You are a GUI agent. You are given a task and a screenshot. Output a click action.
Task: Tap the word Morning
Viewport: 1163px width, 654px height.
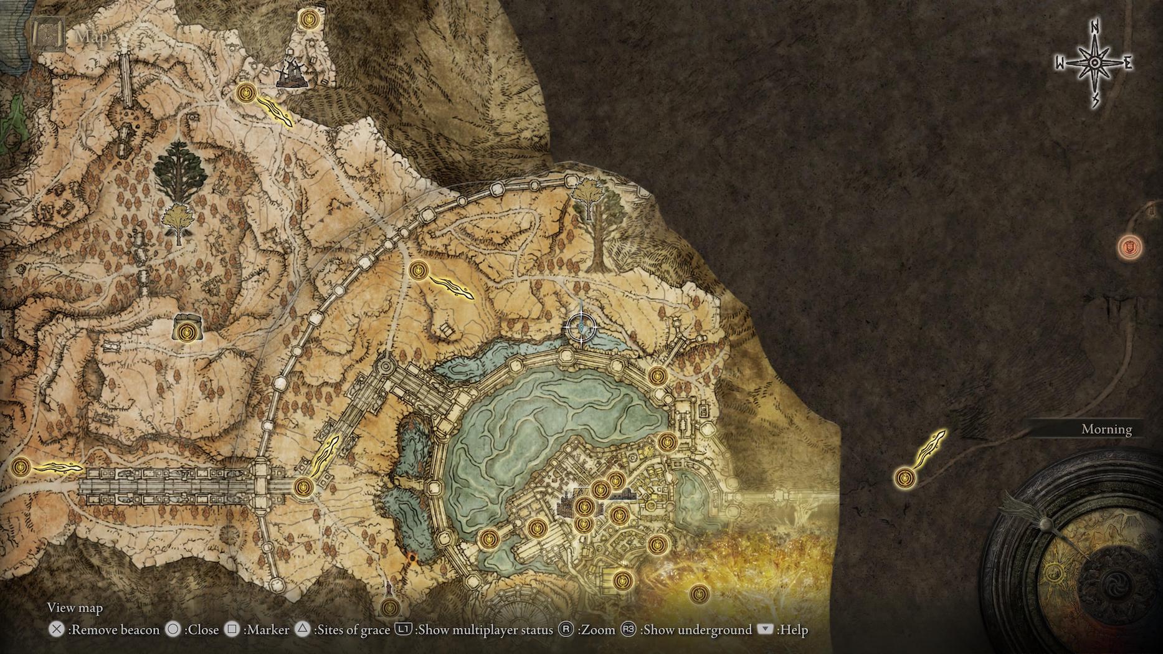1106,429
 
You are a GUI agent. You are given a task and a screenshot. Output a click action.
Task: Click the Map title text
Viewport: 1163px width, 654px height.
92,37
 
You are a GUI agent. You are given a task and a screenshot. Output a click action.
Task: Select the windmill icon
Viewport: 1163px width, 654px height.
290,73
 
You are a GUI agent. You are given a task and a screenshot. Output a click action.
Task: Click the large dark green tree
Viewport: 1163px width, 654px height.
179,171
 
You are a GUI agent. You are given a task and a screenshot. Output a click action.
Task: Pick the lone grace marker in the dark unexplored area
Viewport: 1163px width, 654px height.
904,478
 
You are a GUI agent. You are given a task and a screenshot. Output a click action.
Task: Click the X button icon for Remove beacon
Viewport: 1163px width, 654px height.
56,630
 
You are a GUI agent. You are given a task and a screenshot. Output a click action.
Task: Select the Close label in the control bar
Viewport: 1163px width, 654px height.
203,630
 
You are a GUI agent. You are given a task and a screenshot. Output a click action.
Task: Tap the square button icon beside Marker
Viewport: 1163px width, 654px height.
232,630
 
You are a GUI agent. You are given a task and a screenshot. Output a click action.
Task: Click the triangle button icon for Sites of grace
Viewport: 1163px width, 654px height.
302,630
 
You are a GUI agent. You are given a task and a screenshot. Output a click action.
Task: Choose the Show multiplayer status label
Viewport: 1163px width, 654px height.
485,630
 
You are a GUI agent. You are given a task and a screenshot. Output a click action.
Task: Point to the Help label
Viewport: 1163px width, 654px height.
794,630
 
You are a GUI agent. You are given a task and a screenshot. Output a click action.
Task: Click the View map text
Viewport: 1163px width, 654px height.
75,608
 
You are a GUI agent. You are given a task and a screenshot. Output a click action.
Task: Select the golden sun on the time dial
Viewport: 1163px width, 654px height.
1054,572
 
